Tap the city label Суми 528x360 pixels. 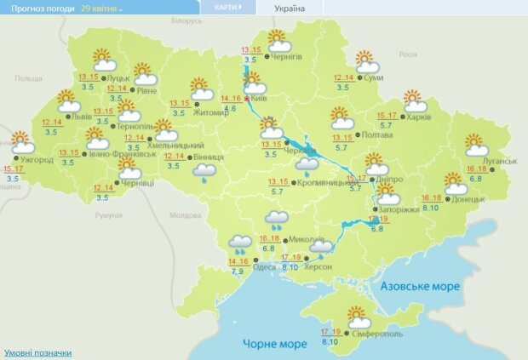371,78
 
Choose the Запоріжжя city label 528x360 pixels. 398,209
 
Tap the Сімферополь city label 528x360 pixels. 371,334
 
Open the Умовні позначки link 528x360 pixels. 37,352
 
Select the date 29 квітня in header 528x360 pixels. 100,7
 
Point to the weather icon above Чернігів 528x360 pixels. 278,41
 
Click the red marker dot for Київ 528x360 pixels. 248,99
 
